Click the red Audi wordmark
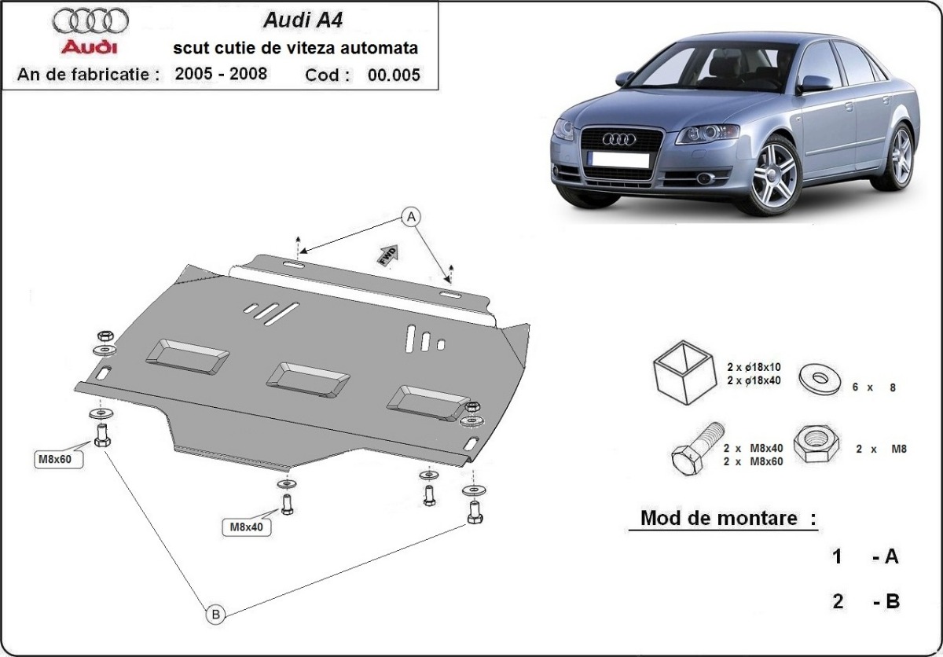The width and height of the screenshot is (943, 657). [x=90, y=46]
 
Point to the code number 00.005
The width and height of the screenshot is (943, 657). [x=394, y=75]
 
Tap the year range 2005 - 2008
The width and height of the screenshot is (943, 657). [x=221, y=75]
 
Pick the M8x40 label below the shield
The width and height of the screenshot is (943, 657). [x=247, y=527]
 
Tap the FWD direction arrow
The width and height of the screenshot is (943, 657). [x=389, y=255]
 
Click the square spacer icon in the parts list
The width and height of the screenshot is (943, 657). [x=682, y=372]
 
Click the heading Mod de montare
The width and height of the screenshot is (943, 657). [x=728, y=518]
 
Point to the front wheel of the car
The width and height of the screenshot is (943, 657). [x=774, y=174]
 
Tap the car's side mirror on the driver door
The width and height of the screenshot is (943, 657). [x=814, y=83]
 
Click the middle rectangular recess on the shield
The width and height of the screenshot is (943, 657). [x=308, y=378]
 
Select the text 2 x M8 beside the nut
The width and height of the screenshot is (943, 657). [x=882, y=450]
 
